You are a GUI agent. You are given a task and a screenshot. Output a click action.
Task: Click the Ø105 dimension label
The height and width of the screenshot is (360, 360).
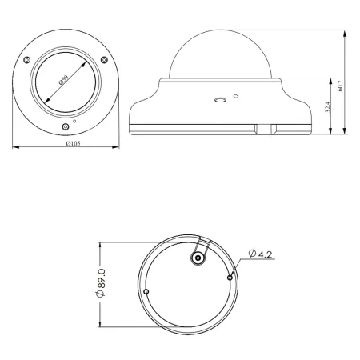click(69, 154)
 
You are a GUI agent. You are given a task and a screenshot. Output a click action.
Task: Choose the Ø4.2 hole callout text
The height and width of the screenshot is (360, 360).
click(262, 254)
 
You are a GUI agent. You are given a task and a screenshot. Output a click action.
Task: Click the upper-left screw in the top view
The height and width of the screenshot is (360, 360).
click(29, 62)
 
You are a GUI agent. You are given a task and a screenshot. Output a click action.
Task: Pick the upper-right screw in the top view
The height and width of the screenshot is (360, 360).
click(103, 58)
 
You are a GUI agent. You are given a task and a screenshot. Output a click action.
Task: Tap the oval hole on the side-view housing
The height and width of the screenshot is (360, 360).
click(218, 101)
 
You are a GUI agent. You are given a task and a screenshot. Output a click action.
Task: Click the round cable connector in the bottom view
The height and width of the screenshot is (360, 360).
click(198, 257)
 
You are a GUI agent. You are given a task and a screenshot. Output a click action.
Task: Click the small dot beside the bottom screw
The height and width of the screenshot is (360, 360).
click(74, 121)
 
